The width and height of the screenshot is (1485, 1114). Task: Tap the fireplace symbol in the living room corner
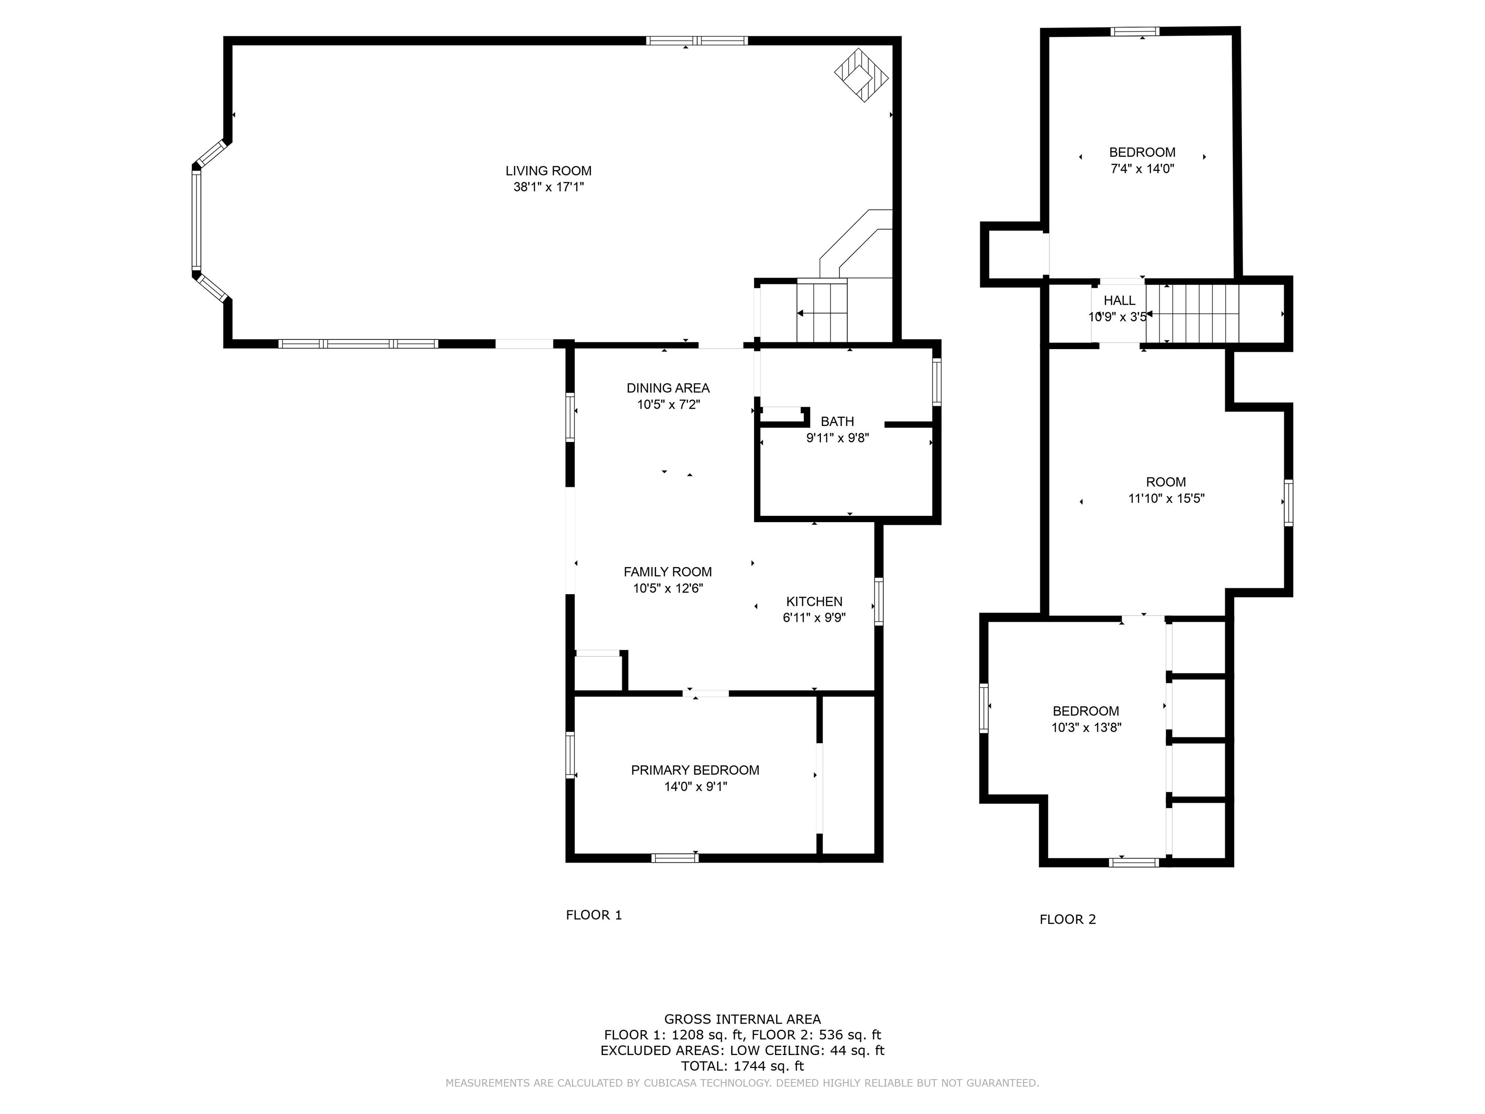(861, 74)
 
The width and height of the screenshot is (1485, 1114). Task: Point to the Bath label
(837, 422)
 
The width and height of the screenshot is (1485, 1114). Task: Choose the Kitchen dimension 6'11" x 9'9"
(814, 618)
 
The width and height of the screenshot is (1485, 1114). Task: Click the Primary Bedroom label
(695, 770)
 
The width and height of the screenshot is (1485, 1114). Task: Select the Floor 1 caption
(594, 915)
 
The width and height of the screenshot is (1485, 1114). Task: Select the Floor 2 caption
(1067, 919)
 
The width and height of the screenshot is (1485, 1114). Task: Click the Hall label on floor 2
(1119, 301)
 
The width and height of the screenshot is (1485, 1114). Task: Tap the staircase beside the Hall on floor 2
(1192, 314)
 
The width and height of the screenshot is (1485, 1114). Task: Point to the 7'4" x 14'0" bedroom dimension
(1142, 169)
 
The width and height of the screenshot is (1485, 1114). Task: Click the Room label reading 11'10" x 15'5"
(1165, 482)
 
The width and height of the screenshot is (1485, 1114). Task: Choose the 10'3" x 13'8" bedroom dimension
(1086, 727)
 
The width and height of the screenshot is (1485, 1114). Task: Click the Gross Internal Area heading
(742, 1019)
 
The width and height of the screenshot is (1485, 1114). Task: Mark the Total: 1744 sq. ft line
(742, 1066)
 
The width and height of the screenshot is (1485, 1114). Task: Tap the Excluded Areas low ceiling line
(742, 1050)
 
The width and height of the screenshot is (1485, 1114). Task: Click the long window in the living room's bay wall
(197, 219)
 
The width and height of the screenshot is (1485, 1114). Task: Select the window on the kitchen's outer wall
(878, 601)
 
